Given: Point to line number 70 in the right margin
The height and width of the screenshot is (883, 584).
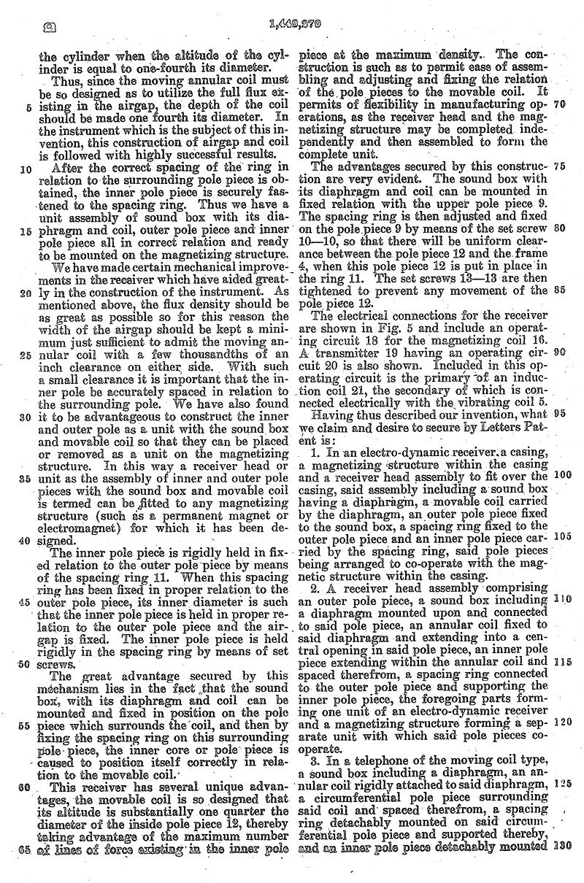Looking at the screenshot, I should [x=560, y=104].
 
